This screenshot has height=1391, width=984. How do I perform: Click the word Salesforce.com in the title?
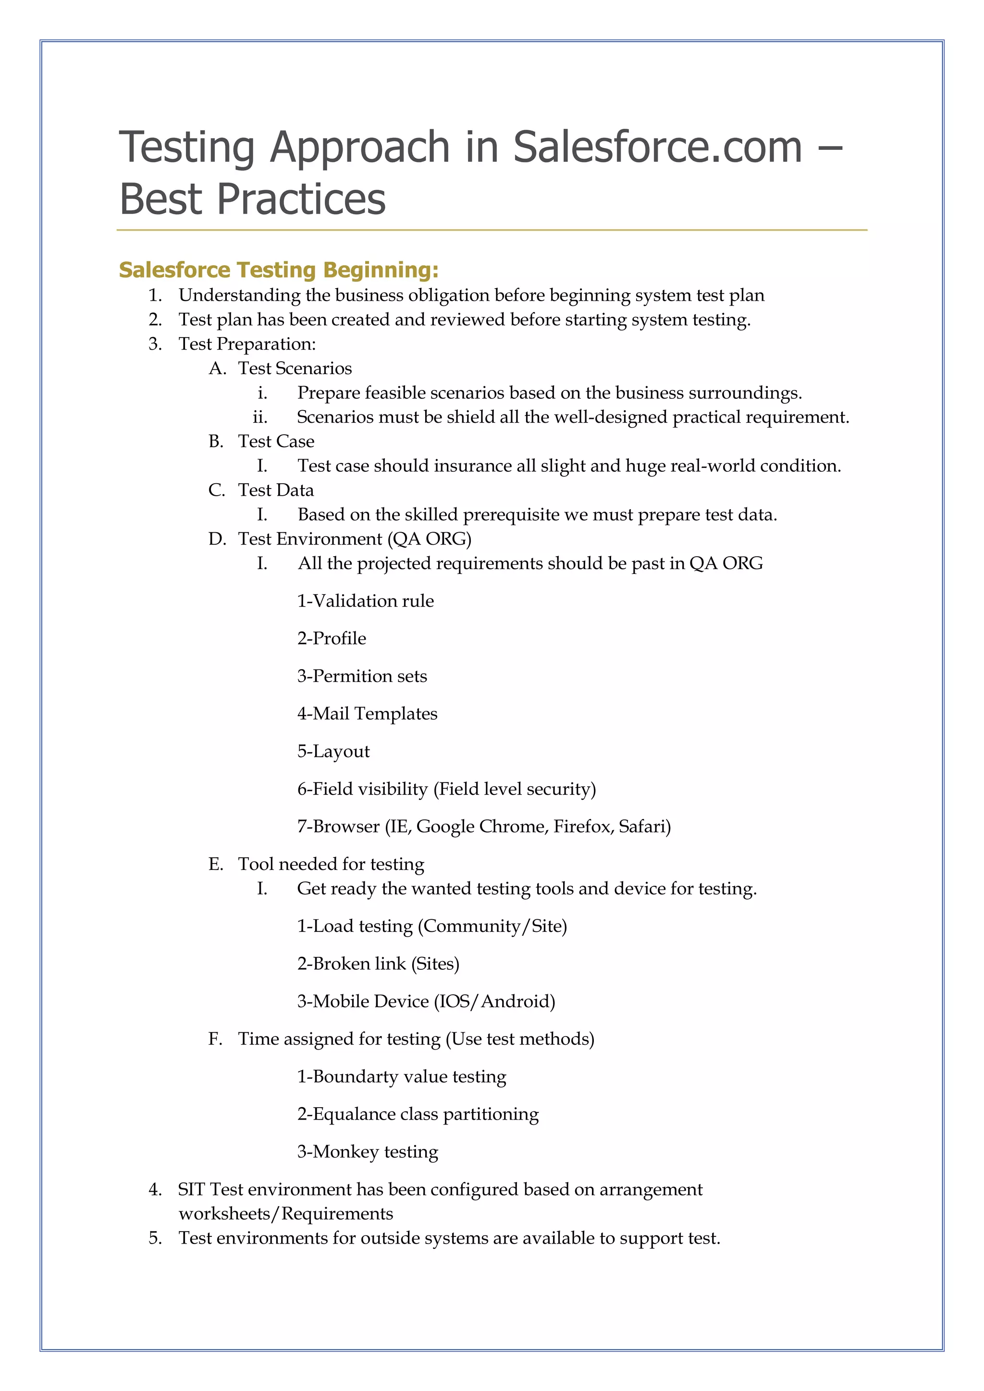657,147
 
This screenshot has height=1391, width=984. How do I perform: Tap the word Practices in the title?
301,199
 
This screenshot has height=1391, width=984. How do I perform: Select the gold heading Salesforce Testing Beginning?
279,269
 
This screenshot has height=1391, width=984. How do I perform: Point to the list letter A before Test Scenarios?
216,368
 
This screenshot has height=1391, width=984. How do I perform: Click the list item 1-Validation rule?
365,601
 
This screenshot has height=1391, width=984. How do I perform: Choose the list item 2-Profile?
332,638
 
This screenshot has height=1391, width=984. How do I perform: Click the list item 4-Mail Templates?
367,714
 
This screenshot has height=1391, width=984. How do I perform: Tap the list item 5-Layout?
333,751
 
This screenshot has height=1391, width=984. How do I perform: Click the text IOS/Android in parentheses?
494,1001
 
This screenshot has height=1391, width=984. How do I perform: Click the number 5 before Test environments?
155,1238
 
